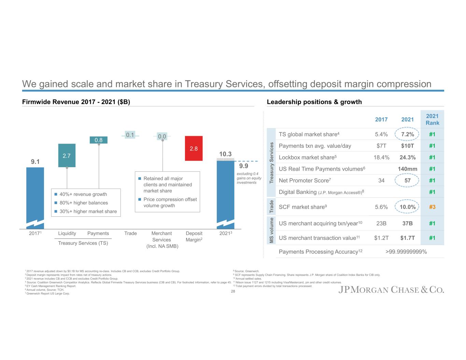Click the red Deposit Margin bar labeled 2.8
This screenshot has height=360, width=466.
[x=194, y=148]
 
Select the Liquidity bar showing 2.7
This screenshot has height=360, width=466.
[x=67, y=155]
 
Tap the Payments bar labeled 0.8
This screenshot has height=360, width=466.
[x=98, y=140]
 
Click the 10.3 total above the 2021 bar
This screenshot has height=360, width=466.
[x=225, y=154]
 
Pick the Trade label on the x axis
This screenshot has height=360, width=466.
[x=130, y=233]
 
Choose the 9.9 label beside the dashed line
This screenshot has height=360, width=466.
[x=243, y=166]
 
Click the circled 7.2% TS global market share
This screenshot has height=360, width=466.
[x=407, y=134]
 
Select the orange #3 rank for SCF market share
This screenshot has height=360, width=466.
[x=432, y=207]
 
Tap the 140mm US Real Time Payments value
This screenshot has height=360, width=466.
[x=407, y=169]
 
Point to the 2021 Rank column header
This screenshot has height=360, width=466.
[x=432, y=119]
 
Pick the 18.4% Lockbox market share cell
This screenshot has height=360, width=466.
[x=381, y=157]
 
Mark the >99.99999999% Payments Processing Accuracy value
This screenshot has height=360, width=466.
[x=406, y=252]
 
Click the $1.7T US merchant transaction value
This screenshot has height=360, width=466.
[x=407, y=238]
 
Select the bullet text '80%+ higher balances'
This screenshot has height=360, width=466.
[x=84, y=203]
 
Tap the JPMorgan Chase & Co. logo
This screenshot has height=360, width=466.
[x=391, y=290]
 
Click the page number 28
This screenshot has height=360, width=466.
[x=233, y=291]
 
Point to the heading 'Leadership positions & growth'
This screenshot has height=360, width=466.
[x=314, y=102]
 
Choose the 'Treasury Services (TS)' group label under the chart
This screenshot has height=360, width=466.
[x=83, y=243]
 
